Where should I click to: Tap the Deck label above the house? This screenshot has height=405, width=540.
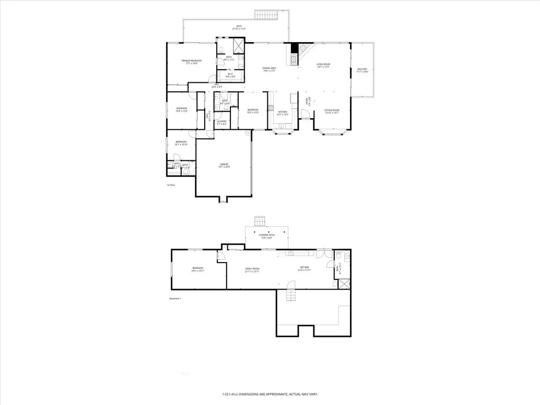pos(239,28)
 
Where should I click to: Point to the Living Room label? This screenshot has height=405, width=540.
pos(323,65)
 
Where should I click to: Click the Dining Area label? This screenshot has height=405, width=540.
pos(269,69)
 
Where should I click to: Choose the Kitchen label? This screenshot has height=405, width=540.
pos(283,112)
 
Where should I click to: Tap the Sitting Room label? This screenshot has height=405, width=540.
pos(332,111)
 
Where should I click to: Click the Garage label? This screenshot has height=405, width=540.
pos(225,166)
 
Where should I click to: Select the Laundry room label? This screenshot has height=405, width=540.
pos(221,122)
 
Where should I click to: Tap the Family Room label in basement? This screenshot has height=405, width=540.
pos(252,269)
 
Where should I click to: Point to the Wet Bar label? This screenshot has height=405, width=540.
pos(305,268)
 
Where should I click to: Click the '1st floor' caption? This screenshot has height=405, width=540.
pos(170,185)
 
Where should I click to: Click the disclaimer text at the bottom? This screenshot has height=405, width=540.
pos(269,394)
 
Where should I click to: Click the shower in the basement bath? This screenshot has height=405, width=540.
pos(344,284)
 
